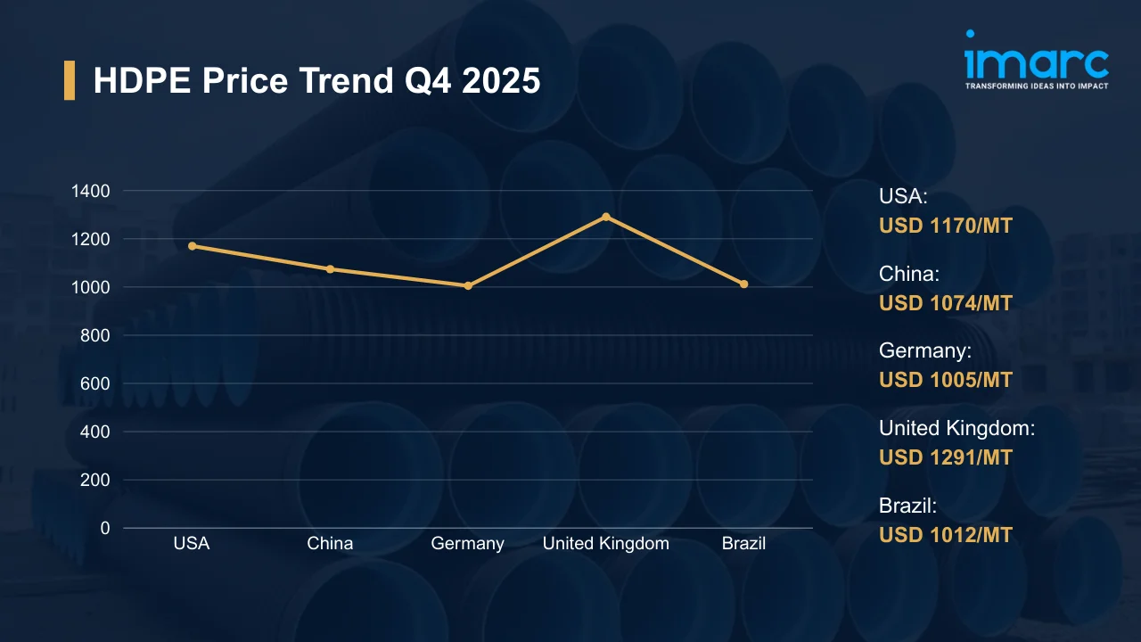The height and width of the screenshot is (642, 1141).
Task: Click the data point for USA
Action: pyautogui.click(x=192, y=246)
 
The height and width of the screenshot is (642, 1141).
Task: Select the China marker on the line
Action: pyautogui.click(x=330, y=268)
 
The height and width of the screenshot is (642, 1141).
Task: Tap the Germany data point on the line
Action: pyautogui.click(x=468, y=285)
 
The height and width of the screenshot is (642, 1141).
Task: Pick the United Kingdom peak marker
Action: pyautogui.click(x=606, y=217)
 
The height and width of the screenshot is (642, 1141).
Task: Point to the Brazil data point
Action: pyautogui.click(x=744, y=284)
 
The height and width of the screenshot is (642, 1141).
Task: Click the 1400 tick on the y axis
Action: pyautogui.click(x=92, y=191)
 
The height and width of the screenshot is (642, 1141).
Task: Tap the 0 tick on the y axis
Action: pyautogui.click(x=105, y=528)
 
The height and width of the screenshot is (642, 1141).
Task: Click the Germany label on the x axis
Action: pyautogui.click(x=468, y=543)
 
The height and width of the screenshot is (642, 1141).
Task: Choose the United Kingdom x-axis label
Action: pyautogui.click(x=606, y=543)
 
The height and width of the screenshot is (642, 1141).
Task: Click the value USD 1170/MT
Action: pyautogui.click(x=946, y=226)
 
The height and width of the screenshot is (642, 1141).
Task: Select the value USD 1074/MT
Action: pyautogui.click(x=946, y=303)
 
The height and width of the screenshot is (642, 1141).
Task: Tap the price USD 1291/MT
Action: pyautogui.click(x=946, y=457)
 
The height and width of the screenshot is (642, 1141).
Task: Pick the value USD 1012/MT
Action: pyautogui.click(x=946, y=535)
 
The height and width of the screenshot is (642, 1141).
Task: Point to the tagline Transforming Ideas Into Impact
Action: pyautogui.click(x=1037, y=86)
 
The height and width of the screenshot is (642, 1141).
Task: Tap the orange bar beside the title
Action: pyautogui.click(x=70, y=81)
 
